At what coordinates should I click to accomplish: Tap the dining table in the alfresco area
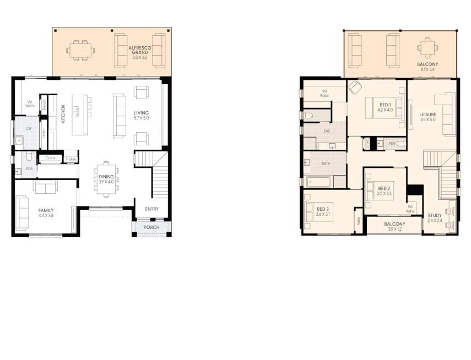80,50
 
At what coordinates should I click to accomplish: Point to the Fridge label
71,159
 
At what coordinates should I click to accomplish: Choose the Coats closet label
50,158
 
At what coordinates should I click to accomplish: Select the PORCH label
151,227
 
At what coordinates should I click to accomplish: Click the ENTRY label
151,209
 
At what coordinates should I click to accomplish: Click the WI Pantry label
29,103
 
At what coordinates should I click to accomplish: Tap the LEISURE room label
427,116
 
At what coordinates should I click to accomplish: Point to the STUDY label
435,217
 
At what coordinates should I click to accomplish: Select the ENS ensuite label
326,131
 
